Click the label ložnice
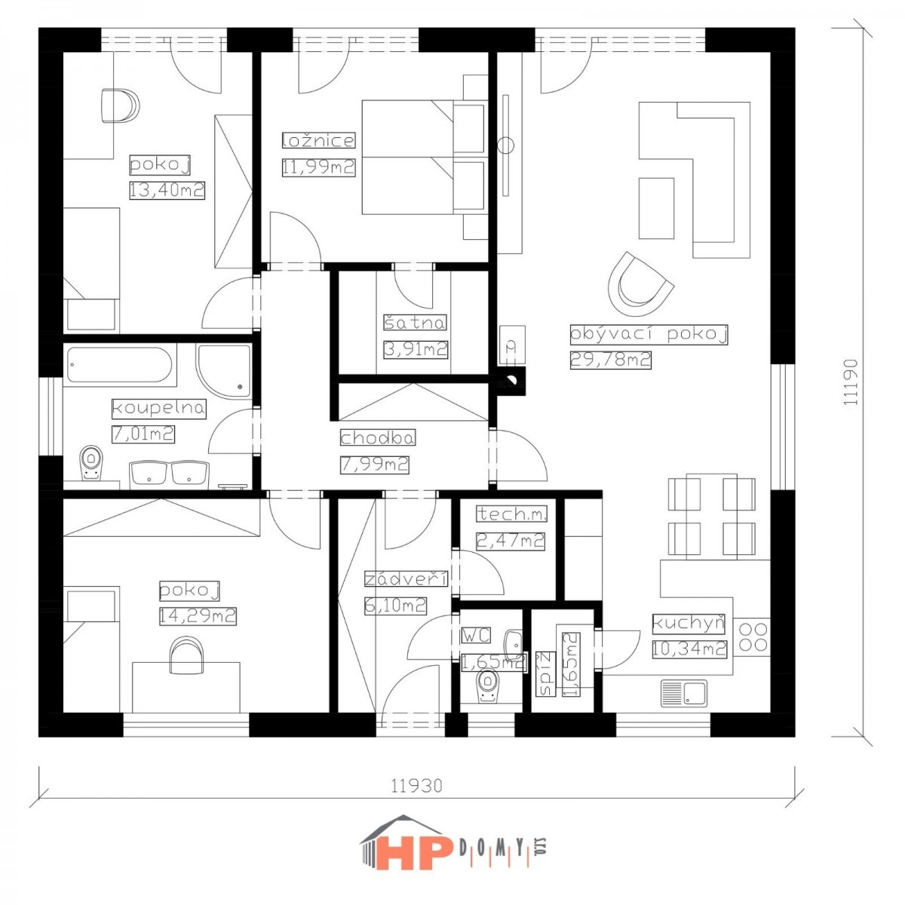[318, 140]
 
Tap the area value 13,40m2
[167, 190]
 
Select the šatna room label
[415, 322]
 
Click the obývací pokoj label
[649, 334]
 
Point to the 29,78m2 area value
[610, 360]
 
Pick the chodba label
[378, 437]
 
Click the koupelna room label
[158, 409]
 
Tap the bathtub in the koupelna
[119, 365]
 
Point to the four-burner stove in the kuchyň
[753, 637]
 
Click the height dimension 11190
[850, 382]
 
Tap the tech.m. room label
[512, 514]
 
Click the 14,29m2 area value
[198, 615]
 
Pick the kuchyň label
[689, 624]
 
